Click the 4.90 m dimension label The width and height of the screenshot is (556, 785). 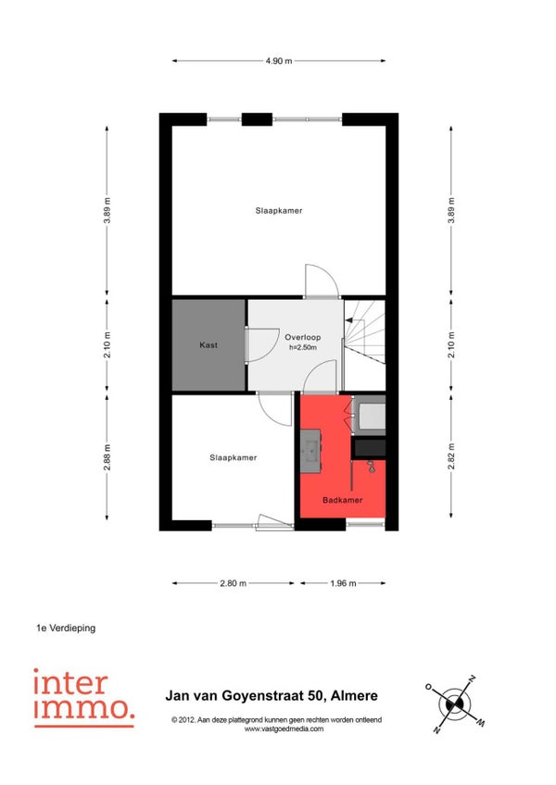pos(279,61)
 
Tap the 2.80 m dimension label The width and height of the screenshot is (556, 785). pos(234,583)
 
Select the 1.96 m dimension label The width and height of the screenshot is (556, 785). pos(344,583)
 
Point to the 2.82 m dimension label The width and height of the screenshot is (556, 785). pos(451,456)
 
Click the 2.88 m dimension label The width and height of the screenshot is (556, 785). pos(107,457)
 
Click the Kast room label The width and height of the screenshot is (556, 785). pos(208,345)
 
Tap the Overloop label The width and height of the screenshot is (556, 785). pos(303,338)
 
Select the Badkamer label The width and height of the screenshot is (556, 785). pos(343,500)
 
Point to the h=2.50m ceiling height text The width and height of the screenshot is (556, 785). pos(303,347)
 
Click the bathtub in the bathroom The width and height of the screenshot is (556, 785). pos(370,415)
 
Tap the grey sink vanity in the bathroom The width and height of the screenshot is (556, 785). pos(310,451)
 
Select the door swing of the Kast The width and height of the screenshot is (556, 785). pos(262,344)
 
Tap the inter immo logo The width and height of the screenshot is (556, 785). pos(83,697)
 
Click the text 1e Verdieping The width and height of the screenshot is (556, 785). pos(66,628)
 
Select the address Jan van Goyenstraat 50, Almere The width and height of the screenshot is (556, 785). pos(272,695)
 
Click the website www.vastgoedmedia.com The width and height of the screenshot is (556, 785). pos(284,729)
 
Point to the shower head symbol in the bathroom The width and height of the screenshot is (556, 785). pos(371,467)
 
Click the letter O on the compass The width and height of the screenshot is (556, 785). pos(429,686)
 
